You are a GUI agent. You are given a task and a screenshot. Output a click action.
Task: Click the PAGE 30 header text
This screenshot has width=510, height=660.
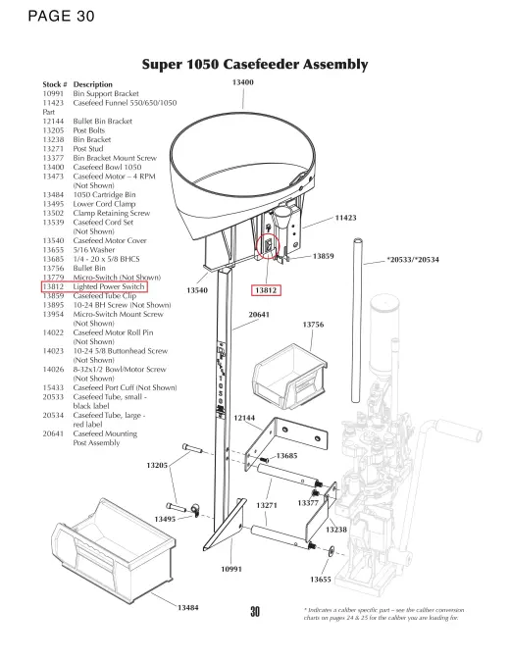click(x=61, y=16)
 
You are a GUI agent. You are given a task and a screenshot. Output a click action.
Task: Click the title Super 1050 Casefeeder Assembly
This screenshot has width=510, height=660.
click(x=255, y=65)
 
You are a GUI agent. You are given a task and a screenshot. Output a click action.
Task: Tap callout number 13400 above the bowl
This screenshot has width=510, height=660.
click(x=243, y=82)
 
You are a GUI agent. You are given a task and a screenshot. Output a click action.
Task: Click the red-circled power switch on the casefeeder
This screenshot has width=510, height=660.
click(x=268, y=245)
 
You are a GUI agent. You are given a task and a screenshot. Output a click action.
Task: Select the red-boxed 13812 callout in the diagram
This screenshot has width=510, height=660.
click(x=266, y=290)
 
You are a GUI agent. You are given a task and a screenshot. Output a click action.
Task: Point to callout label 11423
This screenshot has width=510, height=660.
click(x=345, y=218)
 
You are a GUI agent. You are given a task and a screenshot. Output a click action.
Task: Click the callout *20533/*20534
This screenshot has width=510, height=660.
click(x=413, y=260)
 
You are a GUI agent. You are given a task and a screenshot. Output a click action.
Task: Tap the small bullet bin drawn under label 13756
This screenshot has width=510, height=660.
click(x=290, y=376)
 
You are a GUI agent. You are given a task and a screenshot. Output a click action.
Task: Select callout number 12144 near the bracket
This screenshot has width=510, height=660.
click(x=244, y=418)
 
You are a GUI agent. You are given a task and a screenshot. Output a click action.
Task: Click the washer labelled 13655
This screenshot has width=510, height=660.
click(x=331, y=550)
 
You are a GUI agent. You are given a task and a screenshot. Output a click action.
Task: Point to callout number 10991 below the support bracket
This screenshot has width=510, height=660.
click(x=231, y=569)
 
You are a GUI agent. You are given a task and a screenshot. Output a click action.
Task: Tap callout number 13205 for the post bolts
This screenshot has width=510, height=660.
click(x=157, y=465)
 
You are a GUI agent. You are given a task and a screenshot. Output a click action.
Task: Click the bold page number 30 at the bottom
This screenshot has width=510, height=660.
click(x=255, y=612)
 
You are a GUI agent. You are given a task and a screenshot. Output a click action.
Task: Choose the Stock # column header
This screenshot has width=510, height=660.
click(x=55, y=84)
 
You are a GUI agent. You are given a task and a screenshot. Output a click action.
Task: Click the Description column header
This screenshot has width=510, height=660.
click(x=92, y=84)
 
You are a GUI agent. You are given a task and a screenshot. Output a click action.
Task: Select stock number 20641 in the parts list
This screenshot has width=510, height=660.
click(x=53, y=433)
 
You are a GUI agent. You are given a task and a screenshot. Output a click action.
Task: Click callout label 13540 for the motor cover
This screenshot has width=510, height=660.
click(x=197, y=290)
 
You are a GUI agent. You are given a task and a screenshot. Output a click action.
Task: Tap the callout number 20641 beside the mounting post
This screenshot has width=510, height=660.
click(x=259, y=315)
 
